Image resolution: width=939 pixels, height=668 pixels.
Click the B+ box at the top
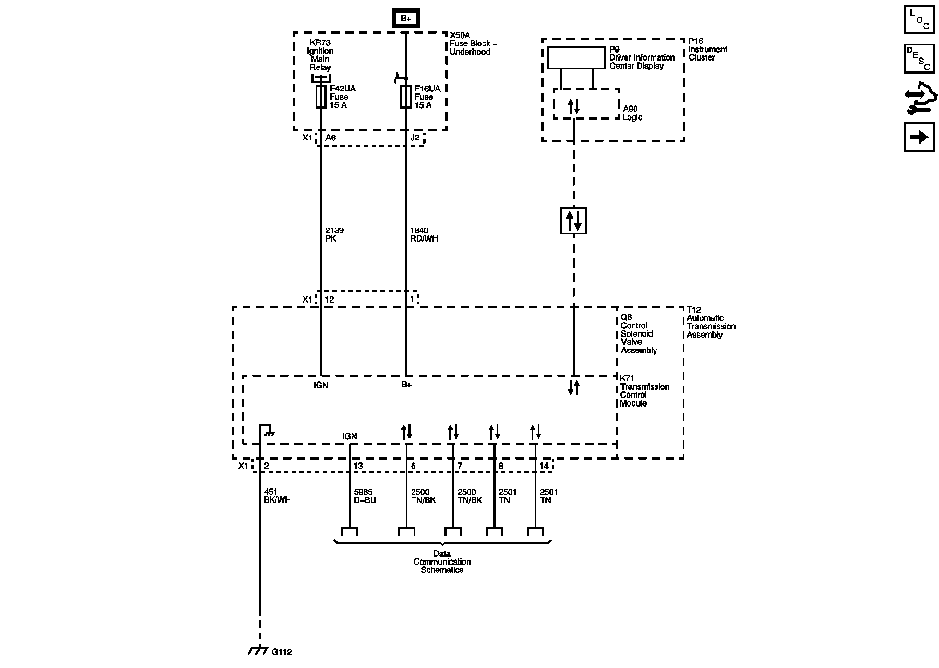tap(406, 19)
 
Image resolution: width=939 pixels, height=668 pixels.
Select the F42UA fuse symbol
tap(321, 97)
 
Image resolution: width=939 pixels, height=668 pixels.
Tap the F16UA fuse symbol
tap(406, 97)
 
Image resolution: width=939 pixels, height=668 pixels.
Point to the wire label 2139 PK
tap(334, 234)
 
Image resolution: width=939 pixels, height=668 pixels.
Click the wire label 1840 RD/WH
tap(424, 234)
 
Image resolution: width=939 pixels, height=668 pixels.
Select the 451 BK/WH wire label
tap(277, 496)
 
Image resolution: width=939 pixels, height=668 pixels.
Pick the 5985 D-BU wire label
tap(365, 496)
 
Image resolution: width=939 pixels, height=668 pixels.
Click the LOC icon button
tap(919, 19)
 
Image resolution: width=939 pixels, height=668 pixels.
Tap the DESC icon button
tap(919, 58)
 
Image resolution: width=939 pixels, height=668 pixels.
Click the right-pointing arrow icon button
tap(919, 137)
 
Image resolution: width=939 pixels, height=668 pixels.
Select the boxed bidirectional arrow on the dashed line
tap(573, 220)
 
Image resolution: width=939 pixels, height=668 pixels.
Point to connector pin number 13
tap(358, 466)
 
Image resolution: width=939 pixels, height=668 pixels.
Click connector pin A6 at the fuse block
tap(330, 138)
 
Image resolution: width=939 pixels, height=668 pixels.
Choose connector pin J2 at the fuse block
tap(415, 138)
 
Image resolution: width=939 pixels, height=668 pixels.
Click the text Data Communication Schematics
tap(442, 562)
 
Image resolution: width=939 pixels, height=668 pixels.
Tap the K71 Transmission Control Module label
tap(644, 391)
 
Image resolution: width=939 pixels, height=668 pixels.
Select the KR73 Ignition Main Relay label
tap(320, 55)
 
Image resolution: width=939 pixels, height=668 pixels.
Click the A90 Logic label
tap(632, 113)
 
